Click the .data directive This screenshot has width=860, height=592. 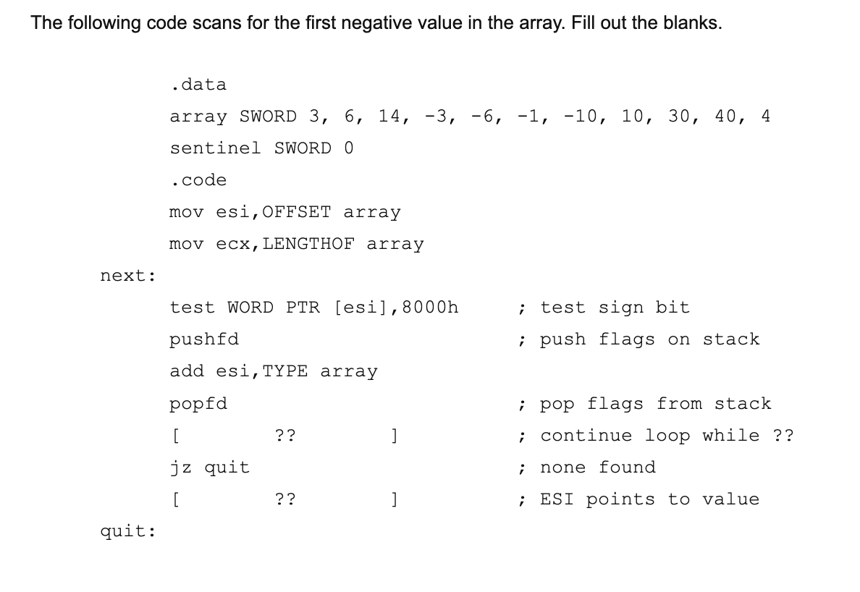click(x=198, y=85)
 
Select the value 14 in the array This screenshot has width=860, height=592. click(x=392, y=117)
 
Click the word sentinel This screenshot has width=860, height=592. click(x=215, y=148)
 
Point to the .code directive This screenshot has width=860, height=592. click(x=198, y=180)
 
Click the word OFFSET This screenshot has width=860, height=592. click(x=297, y=212)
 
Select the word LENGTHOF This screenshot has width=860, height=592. click(x=308, y=244)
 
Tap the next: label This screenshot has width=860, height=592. click(x=127, y=276)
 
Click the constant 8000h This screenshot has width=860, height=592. click(x=430, y=308)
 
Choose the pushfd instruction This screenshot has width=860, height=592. click(x=204, y=339)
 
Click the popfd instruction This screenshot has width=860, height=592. click(x=198, y=404)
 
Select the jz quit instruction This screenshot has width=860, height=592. click(x=210, y=468)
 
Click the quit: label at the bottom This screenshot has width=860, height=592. click(x=127, y=531)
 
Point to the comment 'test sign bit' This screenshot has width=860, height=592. click(x=615, y=308)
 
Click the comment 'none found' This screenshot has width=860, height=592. click(x=597, y=468)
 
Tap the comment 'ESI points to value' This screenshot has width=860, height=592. click(x=649, y=499)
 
